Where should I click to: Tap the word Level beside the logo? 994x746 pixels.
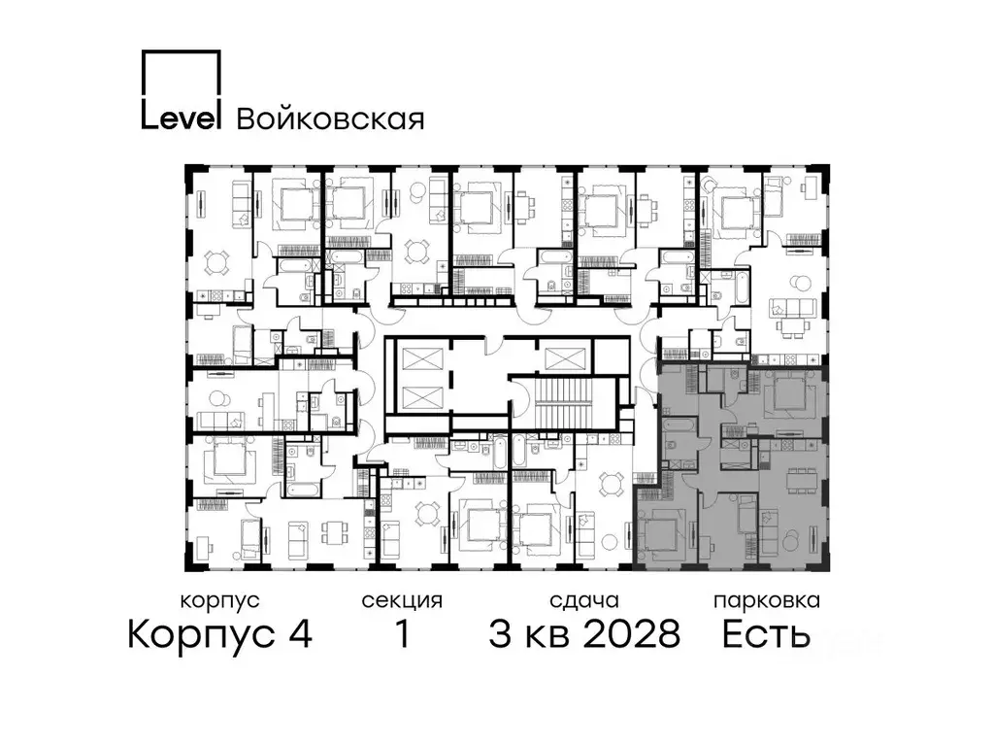[182, 117]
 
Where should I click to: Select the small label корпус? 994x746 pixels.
[219, 600]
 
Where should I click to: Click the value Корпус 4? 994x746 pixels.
[219, 635]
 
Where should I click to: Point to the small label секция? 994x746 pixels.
[402, 600]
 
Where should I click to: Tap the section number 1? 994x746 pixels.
[401, 635]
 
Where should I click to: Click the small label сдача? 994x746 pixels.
[582, 600]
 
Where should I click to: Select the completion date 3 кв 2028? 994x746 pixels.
[583, 635]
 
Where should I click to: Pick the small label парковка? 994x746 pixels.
[766, 600]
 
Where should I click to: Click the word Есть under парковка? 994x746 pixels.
[766, 635]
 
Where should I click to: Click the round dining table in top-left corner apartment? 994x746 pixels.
[218, 262]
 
